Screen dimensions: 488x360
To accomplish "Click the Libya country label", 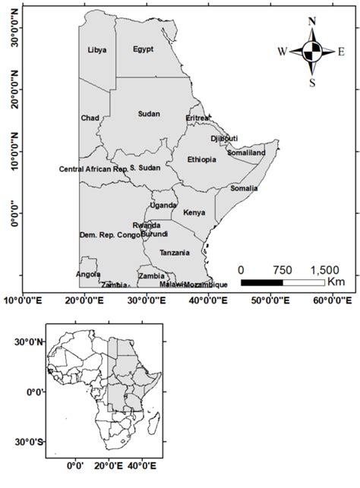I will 97,50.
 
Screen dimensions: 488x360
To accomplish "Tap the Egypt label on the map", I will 143,49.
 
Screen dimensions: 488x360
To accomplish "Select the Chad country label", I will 90,118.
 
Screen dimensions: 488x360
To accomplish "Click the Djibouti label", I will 224,138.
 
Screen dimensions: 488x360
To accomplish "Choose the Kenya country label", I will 194,213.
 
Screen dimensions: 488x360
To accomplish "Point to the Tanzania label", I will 175,252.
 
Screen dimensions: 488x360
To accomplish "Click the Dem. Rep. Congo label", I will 110,235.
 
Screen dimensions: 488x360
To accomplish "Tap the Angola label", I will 88,274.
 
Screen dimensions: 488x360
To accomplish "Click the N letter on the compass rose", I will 311,22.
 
